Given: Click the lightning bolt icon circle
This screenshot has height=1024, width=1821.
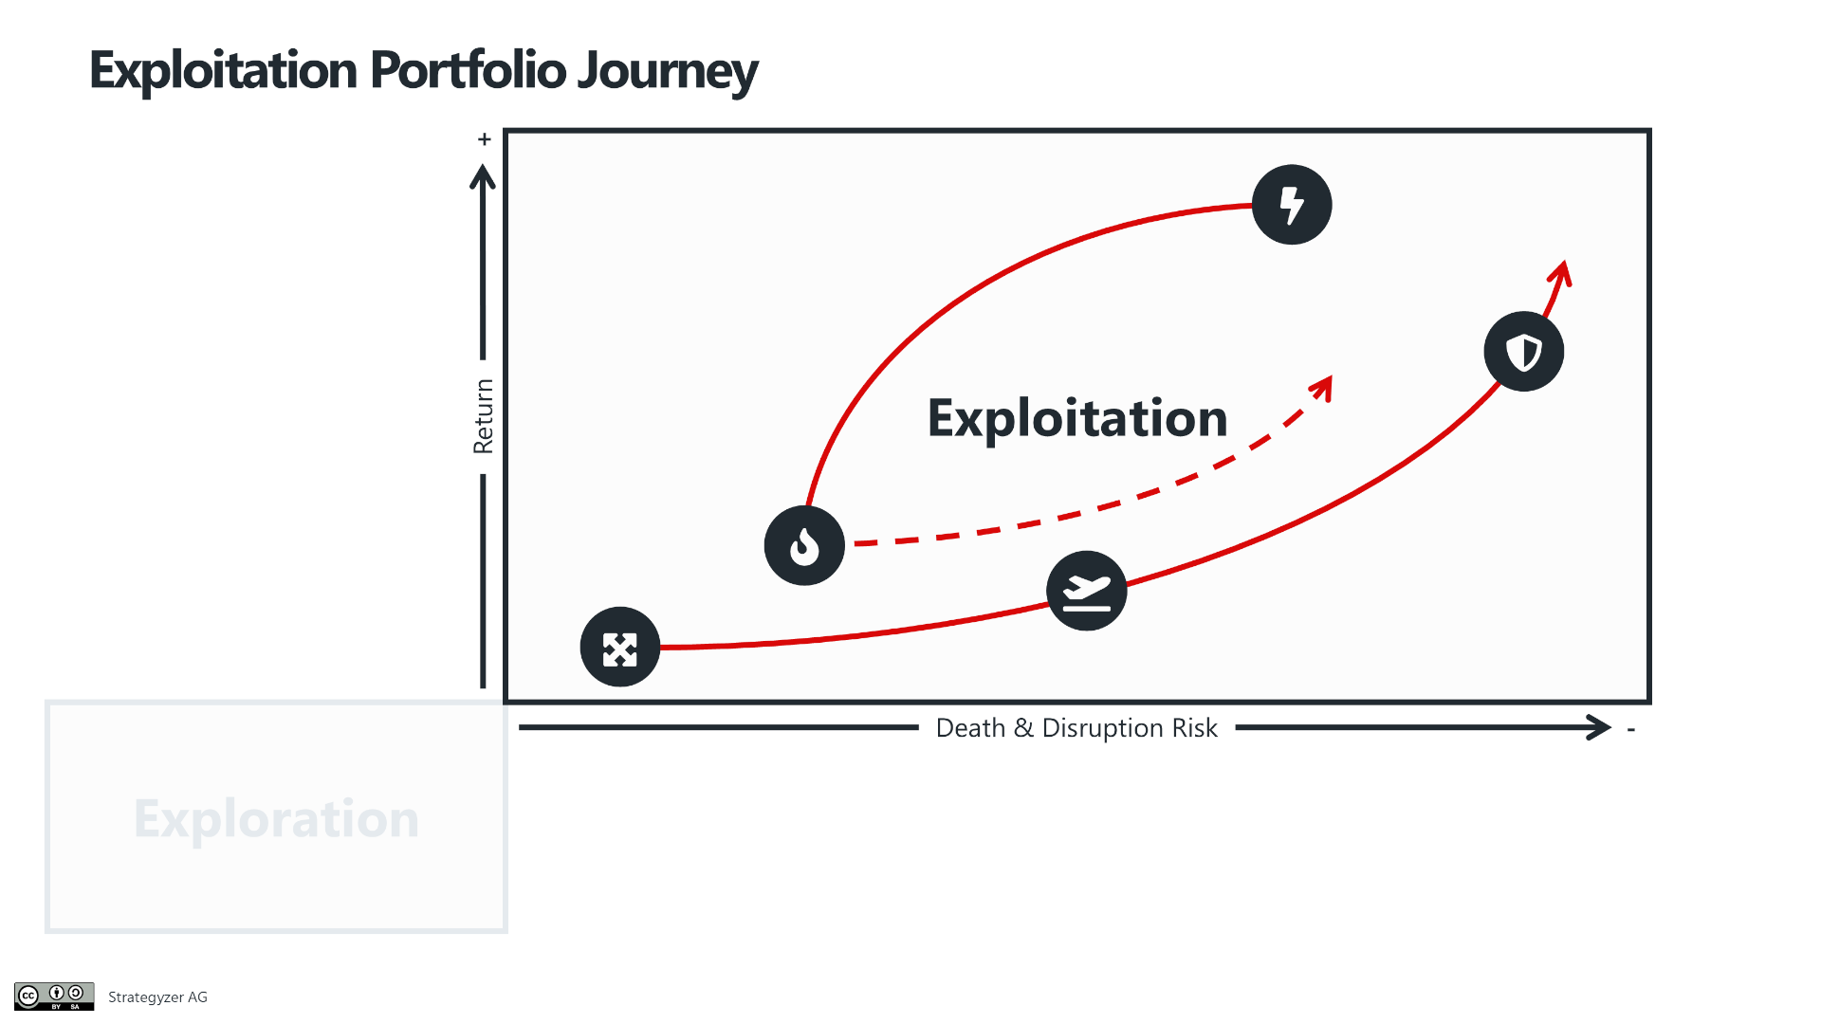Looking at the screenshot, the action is [1292, 205].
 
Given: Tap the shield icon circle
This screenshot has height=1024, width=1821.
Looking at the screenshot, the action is [1524, 352].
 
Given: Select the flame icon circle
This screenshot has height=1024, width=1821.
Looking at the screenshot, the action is [804, 545].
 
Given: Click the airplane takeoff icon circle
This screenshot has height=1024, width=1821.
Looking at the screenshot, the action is [1087, 591].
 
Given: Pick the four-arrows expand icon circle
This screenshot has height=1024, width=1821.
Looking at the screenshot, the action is [620, 647].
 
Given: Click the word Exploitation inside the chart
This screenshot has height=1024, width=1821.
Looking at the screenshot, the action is [1077, 418].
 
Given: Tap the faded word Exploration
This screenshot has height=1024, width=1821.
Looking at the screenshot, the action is [276, 819].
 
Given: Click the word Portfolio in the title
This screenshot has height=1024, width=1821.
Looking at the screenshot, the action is [468, 70].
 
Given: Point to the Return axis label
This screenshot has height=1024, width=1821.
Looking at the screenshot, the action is [484, 416].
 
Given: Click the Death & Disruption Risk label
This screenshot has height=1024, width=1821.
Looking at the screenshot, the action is [1076, 728].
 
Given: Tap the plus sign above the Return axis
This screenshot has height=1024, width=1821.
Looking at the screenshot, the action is [485, 139].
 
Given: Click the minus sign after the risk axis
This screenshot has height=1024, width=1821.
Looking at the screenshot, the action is [1631, 729].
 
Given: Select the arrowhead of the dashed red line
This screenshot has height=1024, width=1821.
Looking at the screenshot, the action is [1322, 388].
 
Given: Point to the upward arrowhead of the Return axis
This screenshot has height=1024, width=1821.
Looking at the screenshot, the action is [483, 177].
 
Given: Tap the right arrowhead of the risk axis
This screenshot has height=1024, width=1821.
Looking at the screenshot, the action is [1599, 728].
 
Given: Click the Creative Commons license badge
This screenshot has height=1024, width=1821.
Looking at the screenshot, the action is [54, 997].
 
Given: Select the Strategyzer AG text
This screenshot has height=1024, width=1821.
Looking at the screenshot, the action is [157, 997].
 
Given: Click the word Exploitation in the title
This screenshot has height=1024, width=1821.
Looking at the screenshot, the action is [224, 71].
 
